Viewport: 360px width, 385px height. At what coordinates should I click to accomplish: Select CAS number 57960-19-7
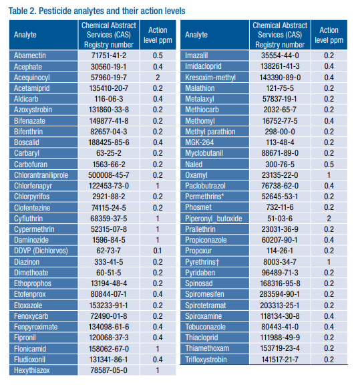pos(109,78)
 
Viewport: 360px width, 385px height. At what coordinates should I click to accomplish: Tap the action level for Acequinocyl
pos(158,78)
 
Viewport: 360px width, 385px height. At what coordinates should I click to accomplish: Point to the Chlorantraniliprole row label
pos(41,175)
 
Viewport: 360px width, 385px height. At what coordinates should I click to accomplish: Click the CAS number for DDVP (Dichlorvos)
pos(108,251)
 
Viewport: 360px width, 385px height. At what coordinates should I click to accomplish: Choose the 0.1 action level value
pos(158,251)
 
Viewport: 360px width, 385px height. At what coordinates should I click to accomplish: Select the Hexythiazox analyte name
pos(32,370)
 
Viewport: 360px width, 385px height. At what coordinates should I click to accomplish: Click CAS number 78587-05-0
pos(109,370)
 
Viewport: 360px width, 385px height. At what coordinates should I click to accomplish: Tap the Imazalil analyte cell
pos(196,55)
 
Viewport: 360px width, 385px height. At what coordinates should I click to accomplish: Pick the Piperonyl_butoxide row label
pos(214,219)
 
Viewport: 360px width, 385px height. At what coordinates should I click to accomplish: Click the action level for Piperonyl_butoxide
pos(329,219)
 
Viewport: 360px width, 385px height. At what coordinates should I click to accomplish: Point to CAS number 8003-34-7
pos(280,262)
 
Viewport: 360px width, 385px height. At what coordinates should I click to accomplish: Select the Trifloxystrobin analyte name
pos(206,360)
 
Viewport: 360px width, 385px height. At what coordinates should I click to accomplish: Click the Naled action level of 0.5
pos(329,164)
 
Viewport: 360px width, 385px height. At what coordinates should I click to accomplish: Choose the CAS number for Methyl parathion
pos(280,132)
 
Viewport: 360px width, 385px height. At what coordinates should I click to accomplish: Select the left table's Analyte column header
pos(25,35)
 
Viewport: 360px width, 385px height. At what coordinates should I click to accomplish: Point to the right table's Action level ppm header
pos(329,35)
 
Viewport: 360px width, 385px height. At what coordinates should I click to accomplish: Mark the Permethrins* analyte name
pos(204,197)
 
